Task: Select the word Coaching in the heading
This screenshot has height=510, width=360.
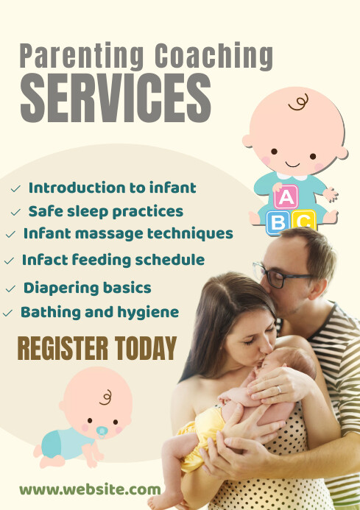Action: (213, 56)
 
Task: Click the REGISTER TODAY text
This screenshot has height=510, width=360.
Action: (96, 348)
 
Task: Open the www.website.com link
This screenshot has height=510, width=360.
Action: (90, 489)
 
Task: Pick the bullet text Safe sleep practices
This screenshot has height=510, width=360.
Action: (105, 211)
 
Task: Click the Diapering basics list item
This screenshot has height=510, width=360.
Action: (87, 287)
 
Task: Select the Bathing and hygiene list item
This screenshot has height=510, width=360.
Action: (99, 312)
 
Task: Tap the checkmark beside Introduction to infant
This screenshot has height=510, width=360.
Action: (15, 189)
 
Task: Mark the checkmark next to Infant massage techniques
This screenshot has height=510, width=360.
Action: (10, 235)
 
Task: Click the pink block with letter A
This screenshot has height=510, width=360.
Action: (286, 196)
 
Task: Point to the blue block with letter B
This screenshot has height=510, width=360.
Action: (278, 222)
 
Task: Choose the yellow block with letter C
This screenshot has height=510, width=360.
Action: (303, 221)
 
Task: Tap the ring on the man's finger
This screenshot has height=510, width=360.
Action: (278, 389)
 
